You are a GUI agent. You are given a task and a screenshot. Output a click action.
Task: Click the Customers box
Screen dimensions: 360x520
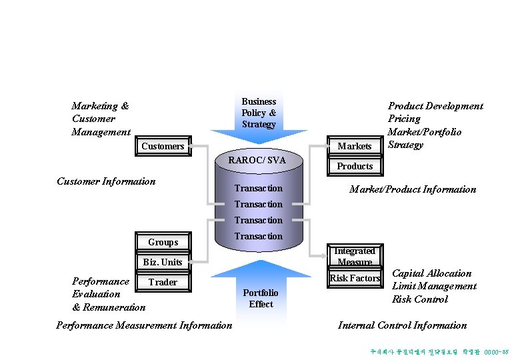163,146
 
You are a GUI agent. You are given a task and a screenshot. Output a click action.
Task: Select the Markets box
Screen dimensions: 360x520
355,146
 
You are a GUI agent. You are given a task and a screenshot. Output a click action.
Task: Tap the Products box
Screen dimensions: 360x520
355,166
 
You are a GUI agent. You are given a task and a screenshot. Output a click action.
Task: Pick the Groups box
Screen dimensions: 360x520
163,242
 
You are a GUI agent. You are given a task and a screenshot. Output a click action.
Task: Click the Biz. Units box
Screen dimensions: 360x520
163,262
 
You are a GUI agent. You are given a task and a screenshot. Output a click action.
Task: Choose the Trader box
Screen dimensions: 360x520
163,282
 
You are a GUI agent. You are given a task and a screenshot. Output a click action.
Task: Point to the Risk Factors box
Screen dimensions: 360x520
355,278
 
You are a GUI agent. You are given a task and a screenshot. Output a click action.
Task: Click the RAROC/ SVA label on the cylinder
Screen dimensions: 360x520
257,160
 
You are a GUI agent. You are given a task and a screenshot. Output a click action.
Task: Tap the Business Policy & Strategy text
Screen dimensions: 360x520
259,113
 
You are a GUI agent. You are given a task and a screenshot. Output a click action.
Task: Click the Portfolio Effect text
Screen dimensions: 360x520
261,299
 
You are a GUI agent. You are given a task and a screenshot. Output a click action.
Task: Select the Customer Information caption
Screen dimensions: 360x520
106,181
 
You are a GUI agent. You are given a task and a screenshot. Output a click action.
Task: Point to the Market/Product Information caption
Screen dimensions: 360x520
413,189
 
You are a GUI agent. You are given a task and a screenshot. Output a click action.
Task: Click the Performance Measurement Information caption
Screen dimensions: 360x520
144,325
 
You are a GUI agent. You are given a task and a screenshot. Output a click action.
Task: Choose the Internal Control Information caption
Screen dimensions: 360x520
402,325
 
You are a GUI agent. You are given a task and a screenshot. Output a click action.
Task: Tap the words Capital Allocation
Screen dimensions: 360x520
431,273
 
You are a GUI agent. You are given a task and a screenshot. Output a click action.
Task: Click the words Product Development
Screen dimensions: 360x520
435,106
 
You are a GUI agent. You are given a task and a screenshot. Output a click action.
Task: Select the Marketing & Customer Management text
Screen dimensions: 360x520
101,119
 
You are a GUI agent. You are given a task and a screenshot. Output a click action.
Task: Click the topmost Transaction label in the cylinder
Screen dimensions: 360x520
259,189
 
